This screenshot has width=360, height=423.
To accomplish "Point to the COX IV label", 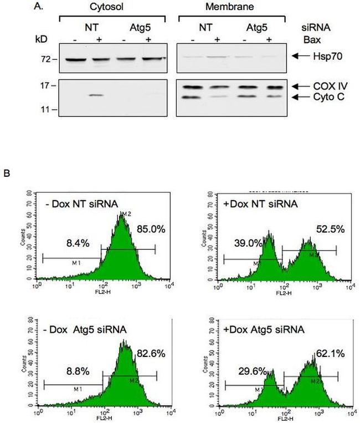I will tap(325, 86).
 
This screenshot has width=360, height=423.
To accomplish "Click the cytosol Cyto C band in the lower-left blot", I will tap(96, 96).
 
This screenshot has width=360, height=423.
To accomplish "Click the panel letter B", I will tap(6, 174).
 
